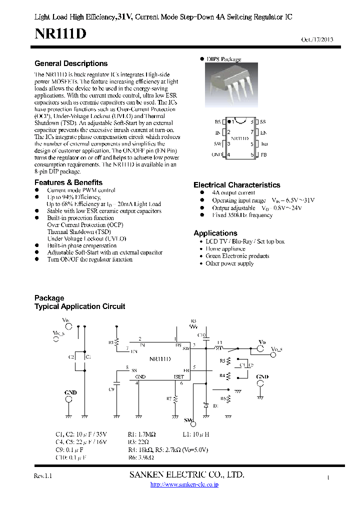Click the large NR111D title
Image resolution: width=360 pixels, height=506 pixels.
[x=60, y=34]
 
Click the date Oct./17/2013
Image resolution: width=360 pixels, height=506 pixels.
[x=317, y=40]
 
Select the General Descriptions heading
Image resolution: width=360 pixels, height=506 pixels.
[x=71, y=63]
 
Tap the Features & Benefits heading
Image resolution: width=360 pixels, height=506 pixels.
[x=68, y=182]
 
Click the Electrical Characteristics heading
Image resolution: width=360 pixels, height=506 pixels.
[x=236, y=185]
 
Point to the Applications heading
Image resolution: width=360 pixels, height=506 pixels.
[x=215, y=233]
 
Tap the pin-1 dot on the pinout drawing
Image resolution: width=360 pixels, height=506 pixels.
[x=229, y=121]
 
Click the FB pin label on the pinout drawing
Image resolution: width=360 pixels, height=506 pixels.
[x=263, y=155]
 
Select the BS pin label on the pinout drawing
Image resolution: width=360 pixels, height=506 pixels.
[x=217, y=121]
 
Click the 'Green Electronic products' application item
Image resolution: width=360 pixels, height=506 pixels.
[x=237, y=256]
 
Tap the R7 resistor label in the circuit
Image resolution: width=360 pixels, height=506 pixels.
[x=169, y=398]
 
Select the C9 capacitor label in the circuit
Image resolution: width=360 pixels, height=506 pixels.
[x=111, y=389]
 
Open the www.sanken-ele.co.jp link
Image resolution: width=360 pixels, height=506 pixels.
[x=184, y=484]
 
